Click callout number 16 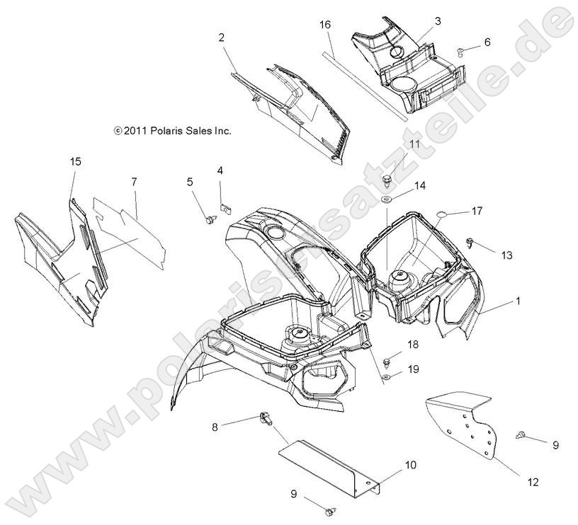325,25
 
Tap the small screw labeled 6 460,52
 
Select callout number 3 438,21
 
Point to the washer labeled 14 387,200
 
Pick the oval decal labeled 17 441,214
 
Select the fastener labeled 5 210,220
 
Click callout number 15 76,161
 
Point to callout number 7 134,182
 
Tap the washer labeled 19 387,376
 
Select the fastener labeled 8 266,419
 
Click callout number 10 411,465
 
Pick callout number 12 533,482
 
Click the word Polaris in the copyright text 166,131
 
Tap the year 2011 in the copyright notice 136,131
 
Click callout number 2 221,37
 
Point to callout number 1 518,301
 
